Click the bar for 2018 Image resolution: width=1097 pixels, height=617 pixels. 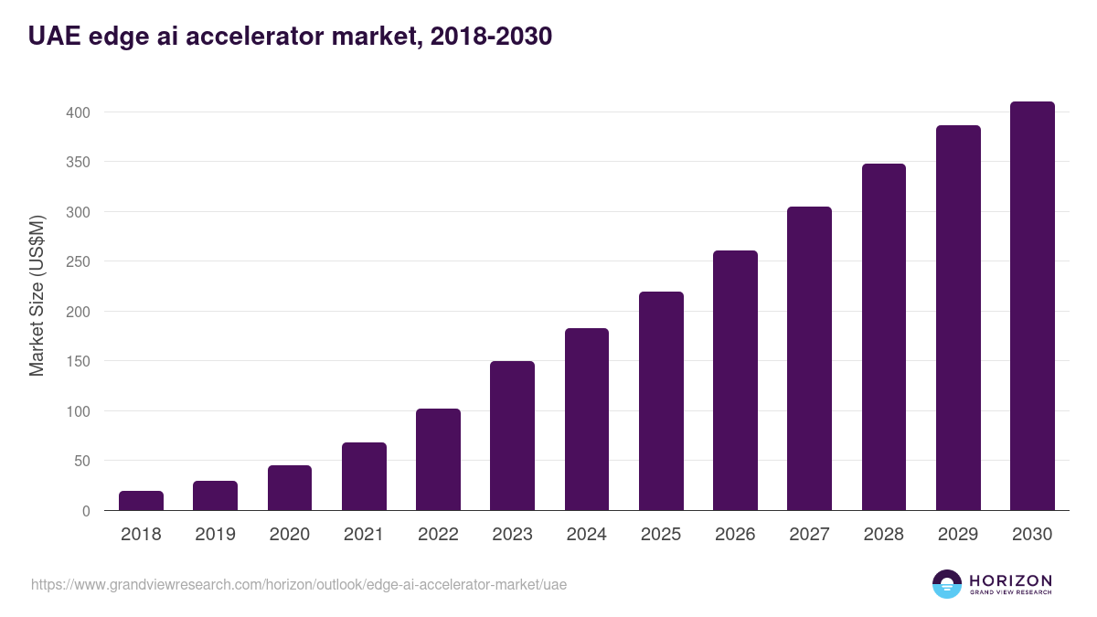141,501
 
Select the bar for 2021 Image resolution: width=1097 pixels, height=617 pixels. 364,476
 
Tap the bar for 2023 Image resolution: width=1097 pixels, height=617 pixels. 512,436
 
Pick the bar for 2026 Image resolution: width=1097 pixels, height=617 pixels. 735,380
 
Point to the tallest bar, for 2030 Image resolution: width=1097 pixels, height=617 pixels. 1032,306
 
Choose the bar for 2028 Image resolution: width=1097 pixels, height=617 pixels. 884,337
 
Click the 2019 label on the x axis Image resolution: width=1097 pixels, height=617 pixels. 215,535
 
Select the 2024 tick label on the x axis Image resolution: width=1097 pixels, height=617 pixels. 586,535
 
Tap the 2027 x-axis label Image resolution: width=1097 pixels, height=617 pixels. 809,535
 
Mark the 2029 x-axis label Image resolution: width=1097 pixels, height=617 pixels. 958,535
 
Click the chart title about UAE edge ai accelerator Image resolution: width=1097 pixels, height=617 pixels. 290,37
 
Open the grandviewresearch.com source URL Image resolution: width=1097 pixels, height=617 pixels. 299,584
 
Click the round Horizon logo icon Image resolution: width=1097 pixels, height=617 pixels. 947,584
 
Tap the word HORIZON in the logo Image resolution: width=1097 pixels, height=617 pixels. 1010,580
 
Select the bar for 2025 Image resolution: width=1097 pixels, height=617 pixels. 661,401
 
